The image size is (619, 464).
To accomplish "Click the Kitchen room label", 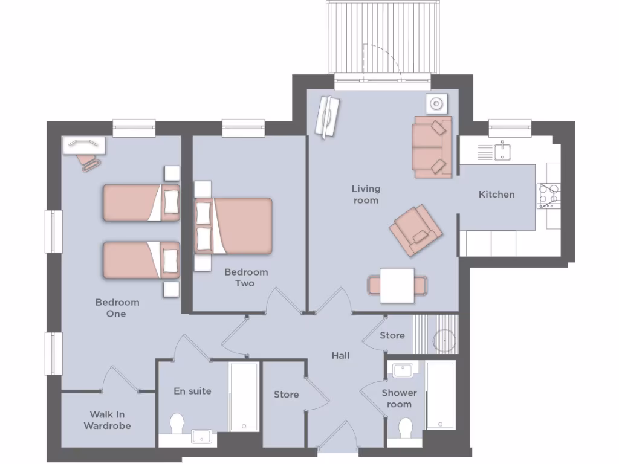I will (496, 195).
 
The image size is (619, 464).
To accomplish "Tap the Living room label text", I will (366, 195).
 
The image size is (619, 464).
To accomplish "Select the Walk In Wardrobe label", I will (106, 420).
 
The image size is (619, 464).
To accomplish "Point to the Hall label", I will (340, 356).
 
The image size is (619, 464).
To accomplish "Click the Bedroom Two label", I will (245, 277).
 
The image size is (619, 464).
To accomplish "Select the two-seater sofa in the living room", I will (432, 148).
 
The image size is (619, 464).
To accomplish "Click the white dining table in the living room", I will (397, 285).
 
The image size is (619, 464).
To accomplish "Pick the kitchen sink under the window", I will (502, 152).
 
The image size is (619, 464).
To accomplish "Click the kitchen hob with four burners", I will (548, 196).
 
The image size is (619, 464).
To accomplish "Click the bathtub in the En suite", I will (244, 396).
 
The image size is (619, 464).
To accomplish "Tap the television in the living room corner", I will (328, 117).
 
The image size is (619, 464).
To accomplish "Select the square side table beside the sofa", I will (436, 104).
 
